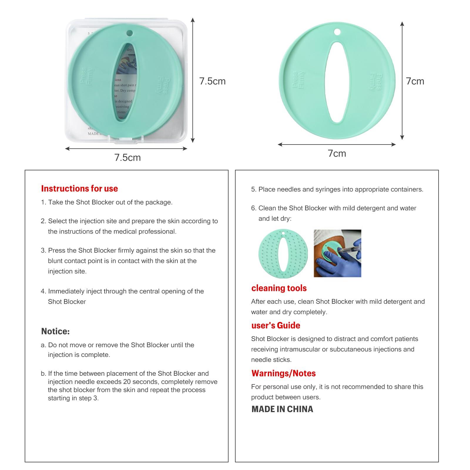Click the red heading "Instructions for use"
coord(79,189)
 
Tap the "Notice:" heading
coord(56,331)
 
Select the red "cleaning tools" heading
coord(279,288)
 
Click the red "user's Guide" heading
coord(276,325)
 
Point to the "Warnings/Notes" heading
coord(283,373)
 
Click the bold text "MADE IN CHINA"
coord(282,409)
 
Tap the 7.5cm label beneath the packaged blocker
coord(127,158)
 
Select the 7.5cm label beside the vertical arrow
coord(212,81)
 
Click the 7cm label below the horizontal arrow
coord(337,154)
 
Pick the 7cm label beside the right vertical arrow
coord(415,81)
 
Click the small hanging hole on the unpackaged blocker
coord(337,31)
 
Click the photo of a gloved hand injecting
coord(337,253)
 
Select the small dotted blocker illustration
coord(283,254)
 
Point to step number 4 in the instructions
coord(43,291)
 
